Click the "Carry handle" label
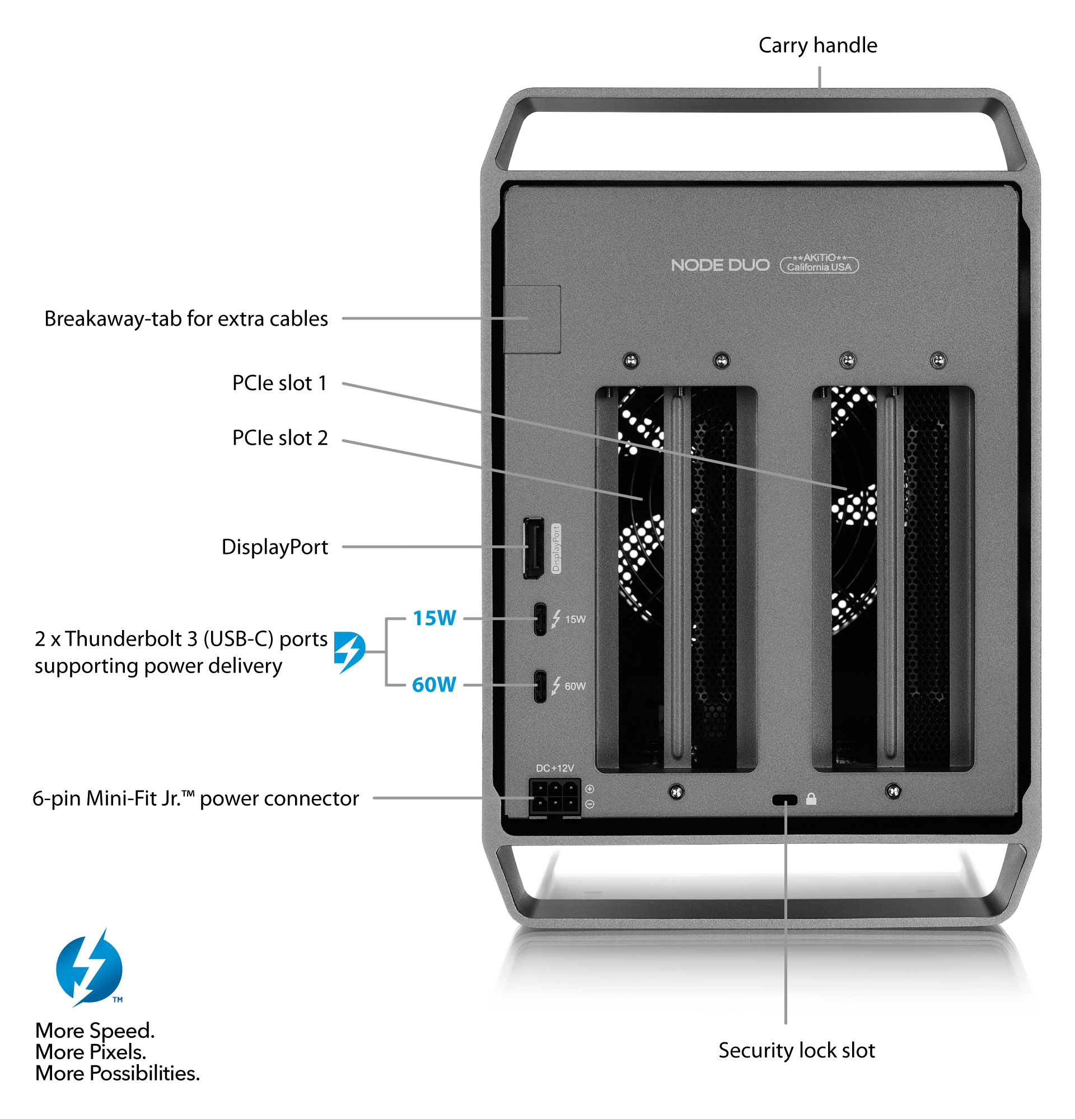[817, 46]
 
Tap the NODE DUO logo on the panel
[719, 265]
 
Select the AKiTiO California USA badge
[819, 263]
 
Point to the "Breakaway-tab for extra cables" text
[186, 318]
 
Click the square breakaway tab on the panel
[532, 319]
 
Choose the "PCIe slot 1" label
[279, 383]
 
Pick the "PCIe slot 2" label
[279, 438]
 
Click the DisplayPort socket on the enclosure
[534, 549]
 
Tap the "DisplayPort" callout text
[274, 547]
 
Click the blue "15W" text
[434, 618]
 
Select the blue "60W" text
[433, 684]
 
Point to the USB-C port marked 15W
[539, 619]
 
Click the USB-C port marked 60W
[539, 686]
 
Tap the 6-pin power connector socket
[555, 796]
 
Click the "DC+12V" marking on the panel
[555, 768]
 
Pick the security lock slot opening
[784, 800]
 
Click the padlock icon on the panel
[811, 800]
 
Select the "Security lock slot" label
[796, 1051]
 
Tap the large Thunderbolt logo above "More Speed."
[90, 968]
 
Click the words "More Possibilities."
[117, 1074]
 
